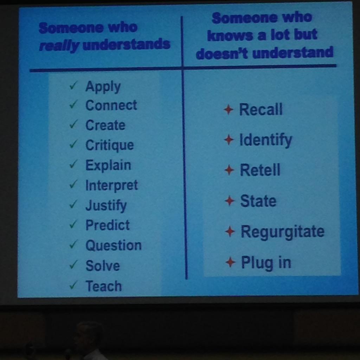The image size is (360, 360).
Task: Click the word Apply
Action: [x=103, y=86]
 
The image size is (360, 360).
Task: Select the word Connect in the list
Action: [x=111, y=105]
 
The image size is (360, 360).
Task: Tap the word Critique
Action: [x=109, y=145]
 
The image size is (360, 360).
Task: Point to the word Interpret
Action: [x=111, y=185]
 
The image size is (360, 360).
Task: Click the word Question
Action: [x=113, y=245]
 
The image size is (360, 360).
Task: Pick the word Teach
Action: [x=103, y=286]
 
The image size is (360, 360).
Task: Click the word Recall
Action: [x=261, y=110]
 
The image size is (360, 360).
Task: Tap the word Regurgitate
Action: [x=282, y=232]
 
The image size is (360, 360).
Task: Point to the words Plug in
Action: [x=266, y=263]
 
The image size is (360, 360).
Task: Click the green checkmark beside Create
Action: [x=73, y=124]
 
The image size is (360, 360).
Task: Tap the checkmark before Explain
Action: [x=73, y=164]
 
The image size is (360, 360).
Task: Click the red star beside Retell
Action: [x=229, y=171]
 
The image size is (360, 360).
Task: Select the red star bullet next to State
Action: [x=230, y=201]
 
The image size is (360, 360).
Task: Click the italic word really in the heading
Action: [x=59, y=45]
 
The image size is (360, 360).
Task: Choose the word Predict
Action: [x=107, y=225]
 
